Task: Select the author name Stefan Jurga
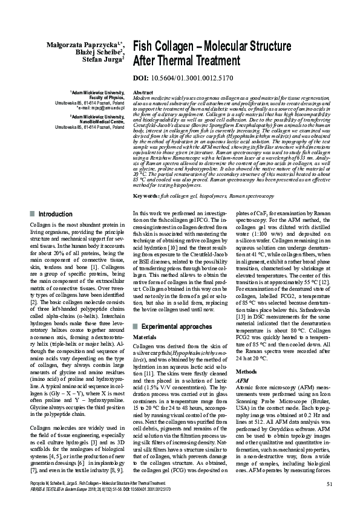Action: (x=103, y=59)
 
